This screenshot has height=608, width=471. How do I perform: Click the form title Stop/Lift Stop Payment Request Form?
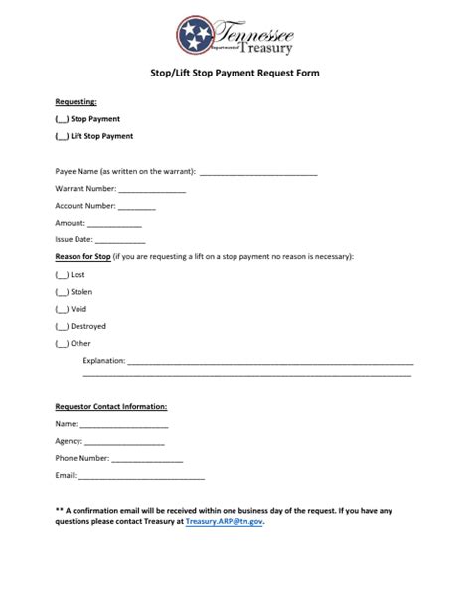point(235,74)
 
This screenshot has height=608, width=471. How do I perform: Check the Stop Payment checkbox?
point(62,119)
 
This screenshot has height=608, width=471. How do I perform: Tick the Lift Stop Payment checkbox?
point(62,136)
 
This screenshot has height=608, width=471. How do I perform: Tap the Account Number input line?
point(137,206)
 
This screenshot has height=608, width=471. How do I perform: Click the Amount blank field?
point(114,224)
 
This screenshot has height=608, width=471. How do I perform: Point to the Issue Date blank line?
point(120,240)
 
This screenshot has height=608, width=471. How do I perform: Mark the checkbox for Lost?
point(62,274)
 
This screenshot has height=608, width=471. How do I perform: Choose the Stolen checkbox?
point(62,292)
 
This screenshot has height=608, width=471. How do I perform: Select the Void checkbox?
point(62,309)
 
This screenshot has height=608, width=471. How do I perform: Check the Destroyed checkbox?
point(62,326)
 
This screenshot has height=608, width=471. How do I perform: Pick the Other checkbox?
point(62,344)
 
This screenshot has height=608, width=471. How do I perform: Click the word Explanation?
point(104,361)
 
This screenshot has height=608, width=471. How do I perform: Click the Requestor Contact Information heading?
point(110,406)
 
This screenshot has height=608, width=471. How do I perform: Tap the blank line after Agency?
point(124,441)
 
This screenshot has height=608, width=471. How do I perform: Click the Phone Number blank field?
point(147,459)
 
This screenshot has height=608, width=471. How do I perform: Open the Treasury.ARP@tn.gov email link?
point(224,520)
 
